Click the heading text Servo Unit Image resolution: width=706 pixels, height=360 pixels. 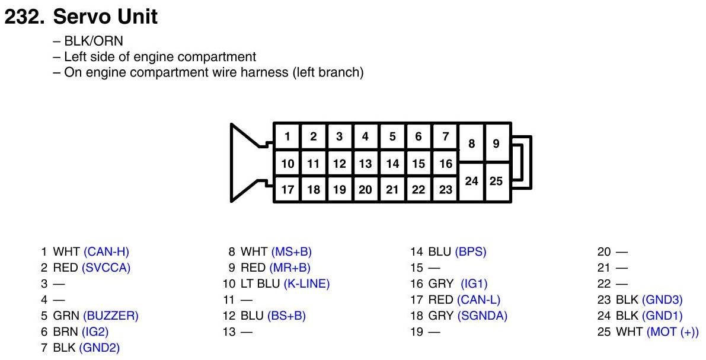[x=106, y=17]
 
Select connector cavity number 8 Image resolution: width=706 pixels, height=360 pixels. [x=472, y=144]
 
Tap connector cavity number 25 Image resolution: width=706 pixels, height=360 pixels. [x=497, y=181]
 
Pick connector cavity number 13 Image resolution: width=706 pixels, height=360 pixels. [x=366, y=164]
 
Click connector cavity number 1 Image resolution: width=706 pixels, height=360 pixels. [x=287, y=136]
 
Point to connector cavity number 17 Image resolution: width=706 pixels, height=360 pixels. [x=287, y=190]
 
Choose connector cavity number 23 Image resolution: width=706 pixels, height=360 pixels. [x=445, y=190]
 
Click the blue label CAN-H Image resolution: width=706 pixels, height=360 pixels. [x=106, y=251]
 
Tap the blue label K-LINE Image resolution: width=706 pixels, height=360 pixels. [x=306, y=283]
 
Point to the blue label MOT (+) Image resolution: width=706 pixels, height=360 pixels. [x=673, y=332]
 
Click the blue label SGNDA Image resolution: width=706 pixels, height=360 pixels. [x=483, y=316]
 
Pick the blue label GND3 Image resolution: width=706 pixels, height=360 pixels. [x=662, y=300]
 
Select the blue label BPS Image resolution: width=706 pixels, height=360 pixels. [x=471, y=251]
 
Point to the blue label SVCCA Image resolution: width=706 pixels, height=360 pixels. [x=106, y=267]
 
